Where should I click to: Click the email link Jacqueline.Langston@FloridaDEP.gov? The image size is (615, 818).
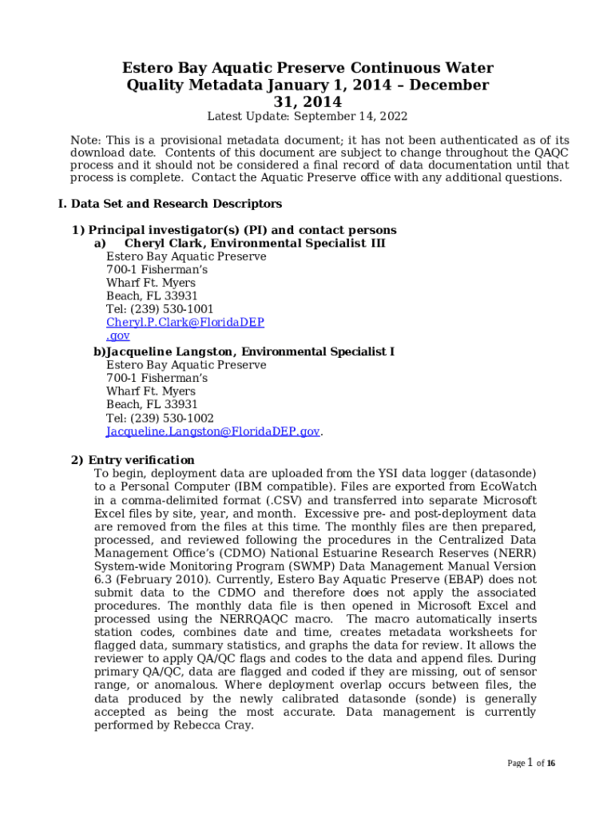click(x=212, y=431)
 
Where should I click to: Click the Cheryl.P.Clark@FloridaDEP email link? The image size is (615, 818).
click(x=185, y=323)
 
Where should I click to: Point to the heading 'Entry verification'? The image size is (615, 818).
click(x=141, y=460)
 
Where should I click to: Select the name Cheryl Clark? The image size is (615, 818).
click(x=164, y=243)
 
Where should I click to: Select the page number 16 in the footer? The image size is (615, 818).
click(x=551, y=764)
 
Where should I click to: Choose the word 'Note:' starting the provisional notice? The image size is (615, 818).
click(x=85, y=141)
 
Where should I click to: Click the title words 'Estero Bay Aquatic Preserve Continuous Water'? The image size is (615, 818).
click(x=307, y=68)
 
